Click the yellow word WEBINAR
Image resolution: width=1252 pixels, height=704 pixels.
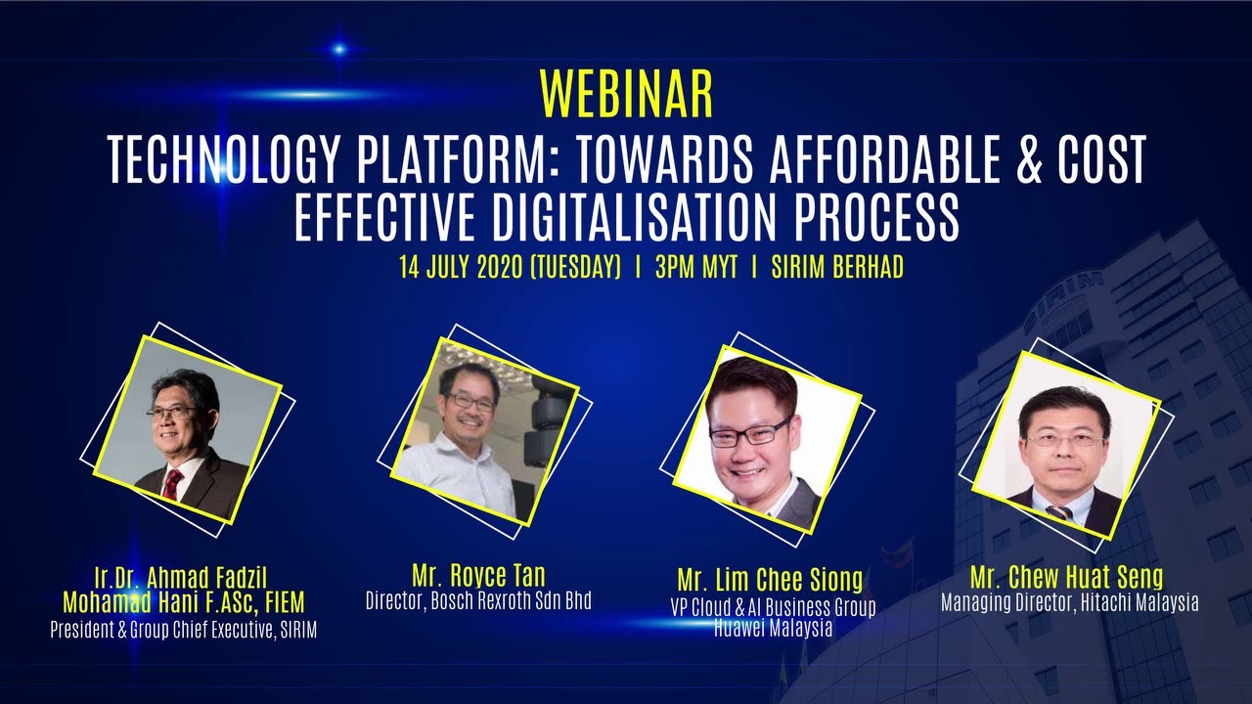626,95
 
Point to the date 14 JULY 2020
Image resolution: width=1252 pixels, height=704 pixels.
459,268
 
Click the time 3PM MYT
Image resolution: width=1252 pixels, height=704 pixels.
696,268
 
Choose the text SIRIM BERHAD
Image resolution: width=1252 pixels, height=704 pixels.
836,268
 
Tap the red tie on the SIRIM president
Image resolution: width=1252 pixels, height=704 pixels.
173,484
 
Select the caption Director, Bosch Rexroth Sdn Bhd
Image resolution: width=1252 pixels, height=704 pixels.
478,600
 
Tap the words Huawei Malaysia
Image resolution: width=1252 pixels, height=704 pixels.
773,628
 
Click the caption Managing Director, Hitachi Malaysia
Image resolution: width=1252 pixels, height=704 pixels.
1069,602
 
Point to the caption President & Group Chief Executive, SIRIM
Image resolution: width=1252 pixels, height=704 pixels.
183,631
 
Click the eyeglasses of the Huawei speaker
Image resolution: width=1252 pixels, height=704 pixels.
750,431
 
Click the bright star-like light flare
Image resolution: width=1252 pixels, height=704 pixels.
339,49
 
